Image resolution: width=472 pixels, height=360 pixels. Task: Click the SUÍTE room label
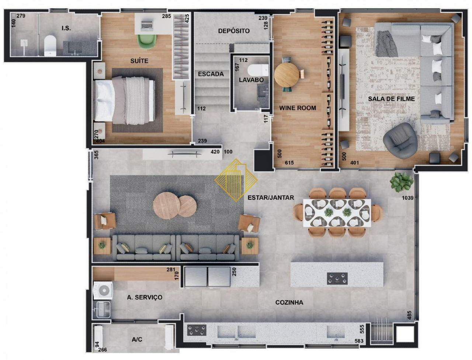pos(139,61)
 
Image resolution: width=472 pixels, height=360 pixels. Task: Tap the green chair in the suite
pos(147,40)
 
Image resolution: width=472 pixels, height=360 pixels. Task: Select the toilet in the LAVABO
pos(258,69)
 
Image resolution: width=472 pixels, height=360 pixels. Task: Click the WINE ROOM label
pos(297,108)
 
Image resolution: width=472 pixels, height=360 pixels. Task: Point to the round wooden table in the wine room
pos(287,75)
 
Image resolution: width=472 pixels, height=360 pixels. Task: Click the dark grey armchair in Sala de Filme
pos(400,140)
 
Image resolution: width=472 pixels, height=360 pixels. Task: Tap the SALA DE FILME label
pos(391,99)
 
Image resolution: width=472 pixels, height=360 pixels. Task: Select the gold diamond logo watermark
pos(236,180)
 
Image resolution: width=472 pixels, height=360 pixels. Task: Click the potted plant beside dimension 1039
pos(401,182)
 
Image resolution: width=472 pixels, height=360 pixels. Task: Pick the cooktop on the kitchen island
pos(337,279)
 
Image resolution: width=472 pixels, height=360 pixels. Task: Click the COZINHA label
pos(289,303)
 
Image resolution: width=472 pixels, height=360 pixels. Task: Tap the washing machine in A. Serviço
pos(103,291)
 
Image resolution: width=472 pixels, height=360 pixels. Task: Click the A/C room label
pos(137,340)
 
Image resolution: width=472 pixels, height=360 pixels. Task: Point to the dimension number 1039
pos(407,198)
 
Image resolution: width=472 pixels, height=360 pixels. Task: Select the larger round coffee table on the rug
pos(166,205)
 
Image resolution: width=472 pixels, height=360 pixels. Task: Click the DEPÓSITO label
pos(234,31)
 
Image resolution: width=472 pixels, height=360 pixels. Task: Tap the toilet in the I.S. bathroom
pos(50,46)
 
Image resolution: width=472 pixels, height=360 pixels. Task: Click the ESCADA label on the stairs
pos(211,74)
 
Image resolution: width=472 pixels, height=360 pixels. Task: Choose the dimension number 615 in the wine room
pos(289,162)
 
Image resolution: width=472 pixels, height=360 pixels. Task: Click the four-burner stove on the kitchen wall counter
pos(197,330)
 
